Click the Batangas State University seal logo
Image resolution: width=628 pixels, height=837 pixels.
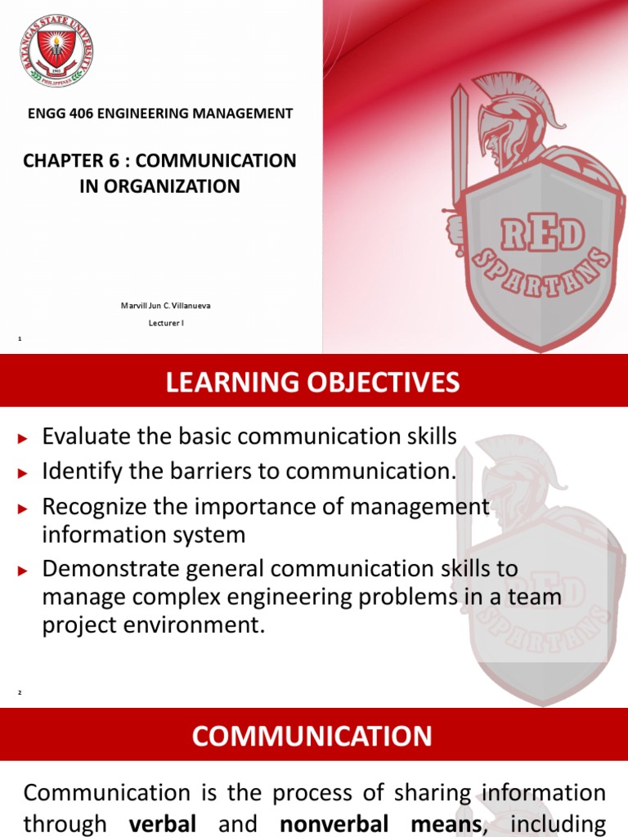(55, 50)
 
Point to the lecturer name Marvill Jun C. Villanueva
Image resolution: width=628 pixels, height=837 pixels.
(160, 306)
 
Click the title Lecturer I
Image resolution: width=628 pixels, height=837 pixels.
(160, 323)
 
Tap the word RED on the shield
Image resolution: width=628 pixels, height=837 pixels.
(543, 235)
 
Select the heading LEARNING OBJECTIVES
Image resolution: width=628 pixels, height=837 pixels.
(313, 382)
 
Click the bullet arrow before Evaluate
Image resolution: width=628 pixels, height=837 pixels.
(23, 439)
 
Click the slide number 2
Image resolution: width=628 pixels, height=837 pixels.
(20, 693)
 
